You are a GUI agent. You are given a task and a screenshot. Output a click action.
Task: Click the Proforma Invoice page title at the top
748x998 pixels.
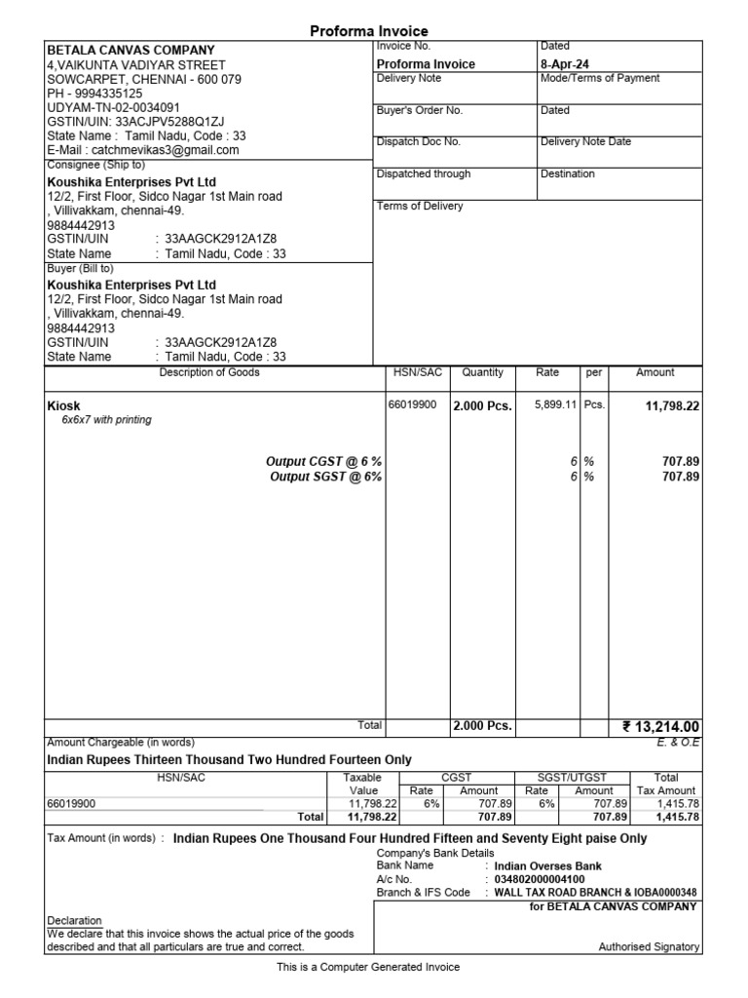click(x=368, y=31)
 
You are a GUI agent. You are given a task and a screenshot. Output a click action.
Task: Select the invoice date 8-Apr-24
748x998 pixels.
click(x=565, y=64)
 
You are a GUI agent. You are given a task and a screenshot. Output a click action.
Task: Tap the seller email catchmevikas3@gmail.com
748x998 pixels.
click(x=143, y=151)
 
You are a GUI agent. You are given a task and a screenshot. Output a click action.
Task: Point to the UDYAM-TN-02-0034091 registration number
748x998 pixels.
click(x=113, y=108)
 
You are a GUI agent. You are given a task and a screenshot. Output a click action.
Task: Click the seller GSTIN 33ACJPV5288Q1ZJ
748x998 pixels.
click(x=135, y=122)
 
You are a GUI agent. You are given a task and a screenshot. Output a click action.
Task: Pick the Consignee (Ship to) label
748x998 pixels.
click(x=95, y=166)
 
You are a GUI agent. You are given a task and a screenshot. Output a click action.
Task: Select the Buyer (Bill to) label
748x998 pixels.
click(x=80, y=268)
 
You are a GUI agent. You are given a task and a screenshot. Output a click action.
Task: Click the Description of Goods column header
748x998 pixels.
click(x=209, y=372)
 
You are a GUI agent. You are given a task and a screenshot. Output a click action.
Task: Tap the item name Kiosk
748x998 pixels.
click(x=64, y=405)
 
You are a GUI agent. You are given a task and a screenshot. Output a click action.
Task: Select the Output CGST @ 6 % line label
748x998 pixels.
click(x=323, y=461)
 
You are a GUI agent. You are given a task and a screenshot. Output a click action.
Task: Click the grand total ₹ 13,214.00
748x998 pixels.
click(x=661, y=726)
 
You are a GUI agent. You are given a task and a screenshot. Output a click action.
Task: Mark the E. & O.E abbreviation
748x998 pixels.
click(x=680, y=743)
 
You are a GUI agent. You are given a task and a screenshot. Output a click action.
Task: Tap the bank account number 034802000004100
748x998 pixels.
click(x=540, y=879)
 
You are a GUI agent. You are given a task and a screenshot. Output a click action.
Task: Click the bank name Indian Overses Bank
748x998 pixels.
click(x=547, y=865)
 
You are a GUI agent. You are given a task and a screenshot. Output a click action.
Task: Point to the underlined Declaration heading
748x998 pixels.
click(x=74, y=920)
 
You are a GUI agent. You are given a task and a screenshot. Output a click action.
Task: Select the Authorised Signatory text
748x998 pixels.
click(x=649, y=946)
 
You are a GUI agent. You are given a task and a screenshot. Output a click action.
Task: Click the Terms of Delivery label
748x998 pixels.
click(x=420, y=206)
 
